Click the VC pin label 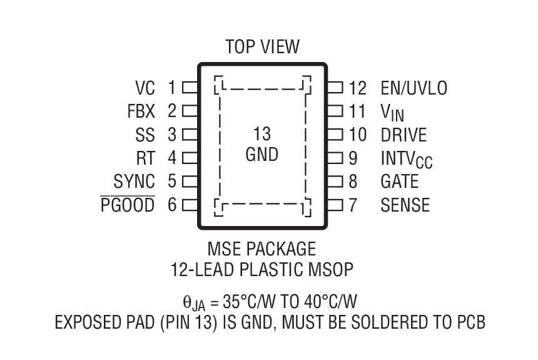tap(145, 88)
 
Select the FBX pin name tap(141, 111)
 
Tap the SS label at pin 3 tap(145, 135)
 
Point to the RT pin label tap(145, 158)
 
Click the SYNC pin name tap(134, 182)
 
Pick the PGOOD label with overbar tap(128, 205)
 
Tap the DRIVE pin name tap(403, 135)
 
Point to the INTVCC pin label tap(406, 159)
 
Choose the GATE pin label tap(399, 182)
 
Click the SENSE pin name tap(405, 205)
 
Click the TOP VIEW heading tap(262, 47)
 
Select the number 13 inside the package tap(262, 133)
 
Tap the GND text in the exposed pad tap(262, 154)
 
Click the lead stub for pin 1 tap(190, 88)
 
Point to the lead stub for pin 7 tap(335, 205)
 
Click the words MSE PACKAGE tap(262, 249)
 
